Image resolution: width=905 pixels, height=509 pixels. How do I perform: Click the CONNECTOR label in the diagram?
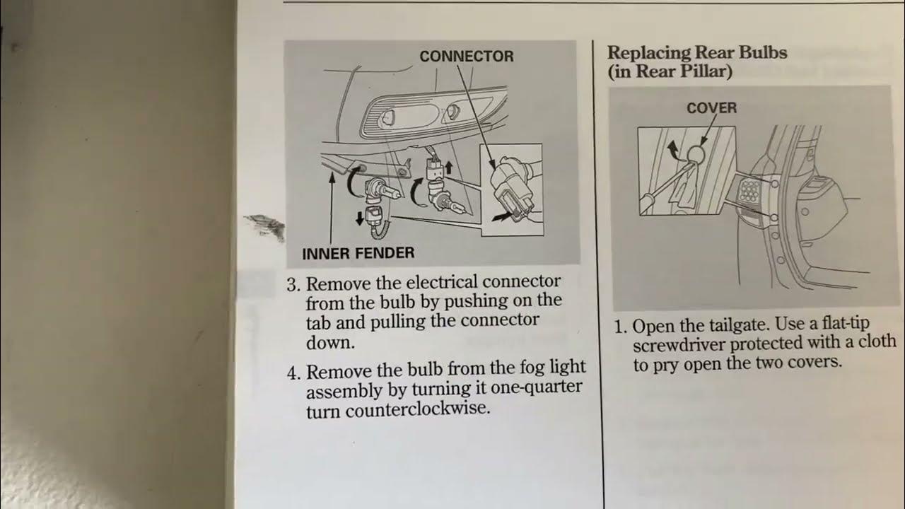point(467,56)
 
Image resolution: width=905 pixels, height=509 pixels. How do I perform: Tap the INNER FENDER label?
point(358,253)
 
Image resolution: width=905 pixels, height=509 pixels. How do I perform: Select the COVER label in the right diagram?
point(712,108)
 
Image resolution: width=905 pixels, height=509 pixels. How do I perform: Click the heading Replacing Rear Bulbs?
point(697,52)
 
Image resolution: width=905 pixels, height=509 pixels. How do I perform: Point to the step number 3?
point(293,285)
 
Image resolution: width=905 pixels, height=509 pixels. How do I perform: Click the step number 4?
point(293,373)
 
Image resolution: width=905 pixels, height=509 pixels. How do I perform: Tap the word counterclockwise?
point(418,409)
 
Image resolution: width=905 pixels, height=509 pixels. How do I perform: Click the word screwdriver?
point(678,345)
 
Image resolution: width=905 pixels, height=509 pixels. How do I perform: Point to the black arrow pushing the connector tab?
point(502,217)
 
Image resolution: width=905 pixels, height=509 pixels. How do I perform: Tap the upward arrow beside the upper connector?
point(448,168)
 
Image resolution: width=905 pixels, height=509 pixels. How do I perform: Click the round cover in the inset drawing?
point(696,153)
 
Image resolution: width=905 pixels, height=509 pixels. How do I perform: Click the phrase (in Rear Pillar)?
point(670,72)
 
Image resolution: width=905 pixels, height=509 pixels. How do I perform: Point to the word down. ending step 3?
point(330,343)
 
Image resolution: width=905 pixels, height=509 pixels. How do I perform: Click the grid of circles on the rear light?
point(750,190)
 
